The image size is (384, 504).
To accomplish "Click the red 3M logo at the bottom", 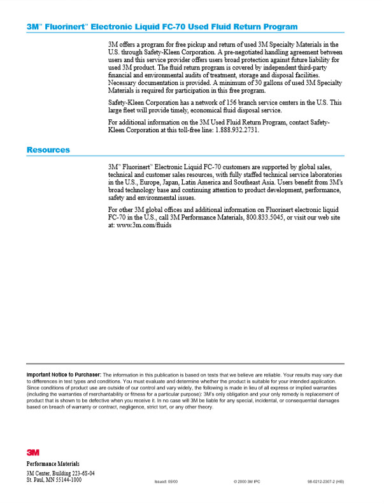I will point(32,452).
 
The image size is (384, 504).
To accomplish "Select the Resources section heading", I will point(48,150).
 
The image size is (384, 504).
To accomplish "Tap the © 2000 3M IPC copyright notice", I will point(248,482).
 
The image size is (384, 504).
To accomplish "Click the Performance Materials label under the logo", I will point(53,463).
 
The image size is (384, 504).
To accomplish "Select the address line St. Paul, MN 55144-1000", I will point(54,480).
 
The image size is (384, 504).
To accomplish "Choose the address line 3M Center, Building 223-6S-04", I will point(60,473).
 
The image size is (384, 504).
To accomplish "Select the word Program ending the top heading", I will point(280,27).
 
